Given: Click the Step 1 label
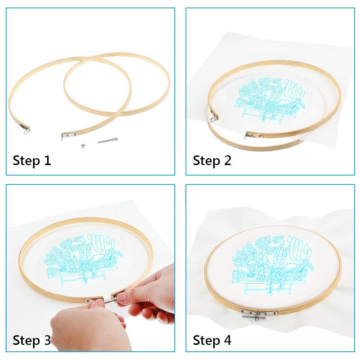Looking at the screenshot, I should click(32, 160).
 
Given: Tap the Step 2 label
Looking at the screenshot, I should click(212, 160).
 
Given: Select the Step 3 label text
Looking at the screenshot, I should click(32, 340).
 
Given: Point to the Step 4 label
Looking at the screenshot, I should click(212, 340).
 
